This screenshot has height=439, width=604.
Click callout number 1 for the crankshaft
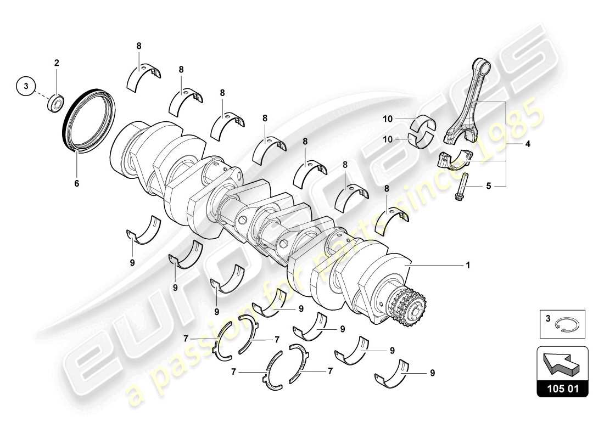point(467,265)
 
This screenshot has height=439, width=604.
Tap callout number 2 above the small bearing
point(56,63)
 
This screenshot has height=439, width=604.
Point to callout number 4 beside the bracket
point(512,145)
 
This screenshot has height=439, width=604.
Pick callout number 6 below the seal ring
point(77,183)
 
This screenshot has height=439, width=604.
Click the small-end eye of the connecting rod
point(484,67)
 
